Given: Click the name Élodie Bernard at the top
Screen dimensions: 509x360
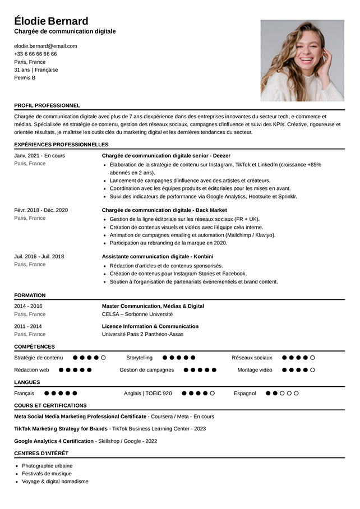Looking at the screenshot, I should (x=51, y=21).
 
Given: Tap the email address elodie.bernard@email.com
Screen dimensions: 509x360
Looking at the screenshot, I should (x=45, y=46).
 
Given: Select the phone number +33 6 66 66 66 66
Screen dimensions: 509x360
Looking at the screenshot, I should (x=35, y=54).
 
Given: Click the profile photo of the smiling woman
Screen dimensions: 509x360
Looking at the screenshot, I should (x=302, y=61).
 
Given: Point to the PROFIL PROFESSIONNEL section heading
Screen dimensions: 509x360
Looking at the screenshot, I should (x=47, y=105).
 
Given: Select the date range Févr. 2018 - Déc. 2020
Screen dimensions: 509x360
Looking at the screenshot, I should (x=41, y=210).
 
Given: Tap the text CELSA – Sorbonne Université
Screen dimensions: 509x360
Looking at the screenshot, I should (x=137, y=314).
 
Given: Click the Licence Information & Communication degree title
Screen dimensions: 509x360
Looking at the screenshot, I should (x=150, y=326).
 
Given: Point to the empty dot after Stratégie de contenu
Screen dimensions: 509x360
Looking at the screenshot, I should (x=103, y=358).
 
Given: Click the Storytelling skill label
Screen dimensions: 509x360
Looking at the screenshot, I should (x=139, y=358).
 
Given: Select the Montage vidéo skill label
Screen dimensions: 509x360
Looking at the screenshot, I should (x=255, y=370).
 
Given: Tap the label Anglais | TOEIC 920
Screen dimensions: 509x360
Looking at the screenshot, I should (x=148, y=394).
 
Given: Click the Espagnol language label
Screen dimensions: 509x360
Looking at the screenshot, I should (x=245, y=394).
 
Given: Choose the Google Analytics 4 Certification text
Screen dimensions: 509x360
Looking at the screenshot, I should (x=54, y=441).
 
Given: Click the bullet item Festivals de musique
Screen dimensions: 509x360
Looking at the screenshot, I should (x=47, y=474).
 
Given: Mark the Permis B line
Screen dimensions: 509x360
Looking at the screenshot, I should (x=25, y=78).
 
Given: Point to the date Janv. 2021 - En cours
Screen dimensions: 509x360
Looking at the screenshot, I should (x=39, y=155).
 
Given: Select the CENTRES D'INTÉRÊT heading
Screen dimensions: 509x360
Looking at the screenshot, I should (x=41, y=453).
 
